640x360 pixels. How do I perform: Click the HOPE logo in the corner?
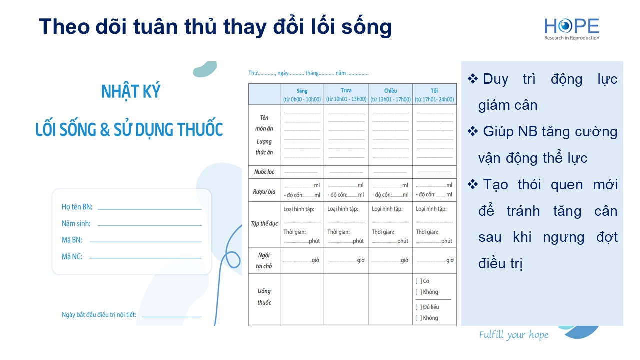click(571, 29)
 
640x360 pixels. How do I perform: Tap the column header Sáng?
click(302, 91)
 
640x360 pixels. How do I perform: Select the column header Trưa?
click(346, 91)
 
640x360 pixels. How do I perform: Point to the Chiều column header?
click(390, 91)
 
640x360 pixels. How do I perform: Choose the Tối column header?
click(434, 91)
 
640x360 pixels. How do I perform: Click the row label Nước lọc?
click(264, 172)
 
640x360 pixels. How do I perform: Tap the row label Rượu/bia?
click(264, 191)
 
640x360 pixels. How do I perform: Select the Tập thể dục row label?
click(264, 223)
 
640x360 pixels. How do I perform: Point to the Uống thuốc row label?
click(264, 297)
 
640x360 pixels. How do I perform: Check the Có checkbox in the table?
click(418, 281)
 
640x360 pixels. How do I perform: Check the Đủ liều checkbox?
click(418, 307)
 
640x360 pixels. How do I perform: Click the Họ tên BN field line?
click(150, 209)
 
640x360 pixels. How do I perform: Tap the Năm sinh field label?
click(76, 223)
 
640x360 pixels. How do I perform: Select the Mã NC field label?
click(72, 257)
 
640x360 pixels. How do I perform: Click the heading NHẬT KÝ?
click(131, 91)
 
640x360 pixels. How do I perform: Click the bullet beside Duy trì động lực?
click(473, 79)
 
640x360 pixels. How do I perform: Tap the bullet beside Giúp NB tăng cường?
click(473, 131)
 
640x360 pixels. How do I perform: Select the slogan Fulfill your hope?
click(513, 335)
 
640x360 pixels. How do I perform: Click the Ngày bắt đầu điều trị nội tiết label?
click(99, 315)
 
